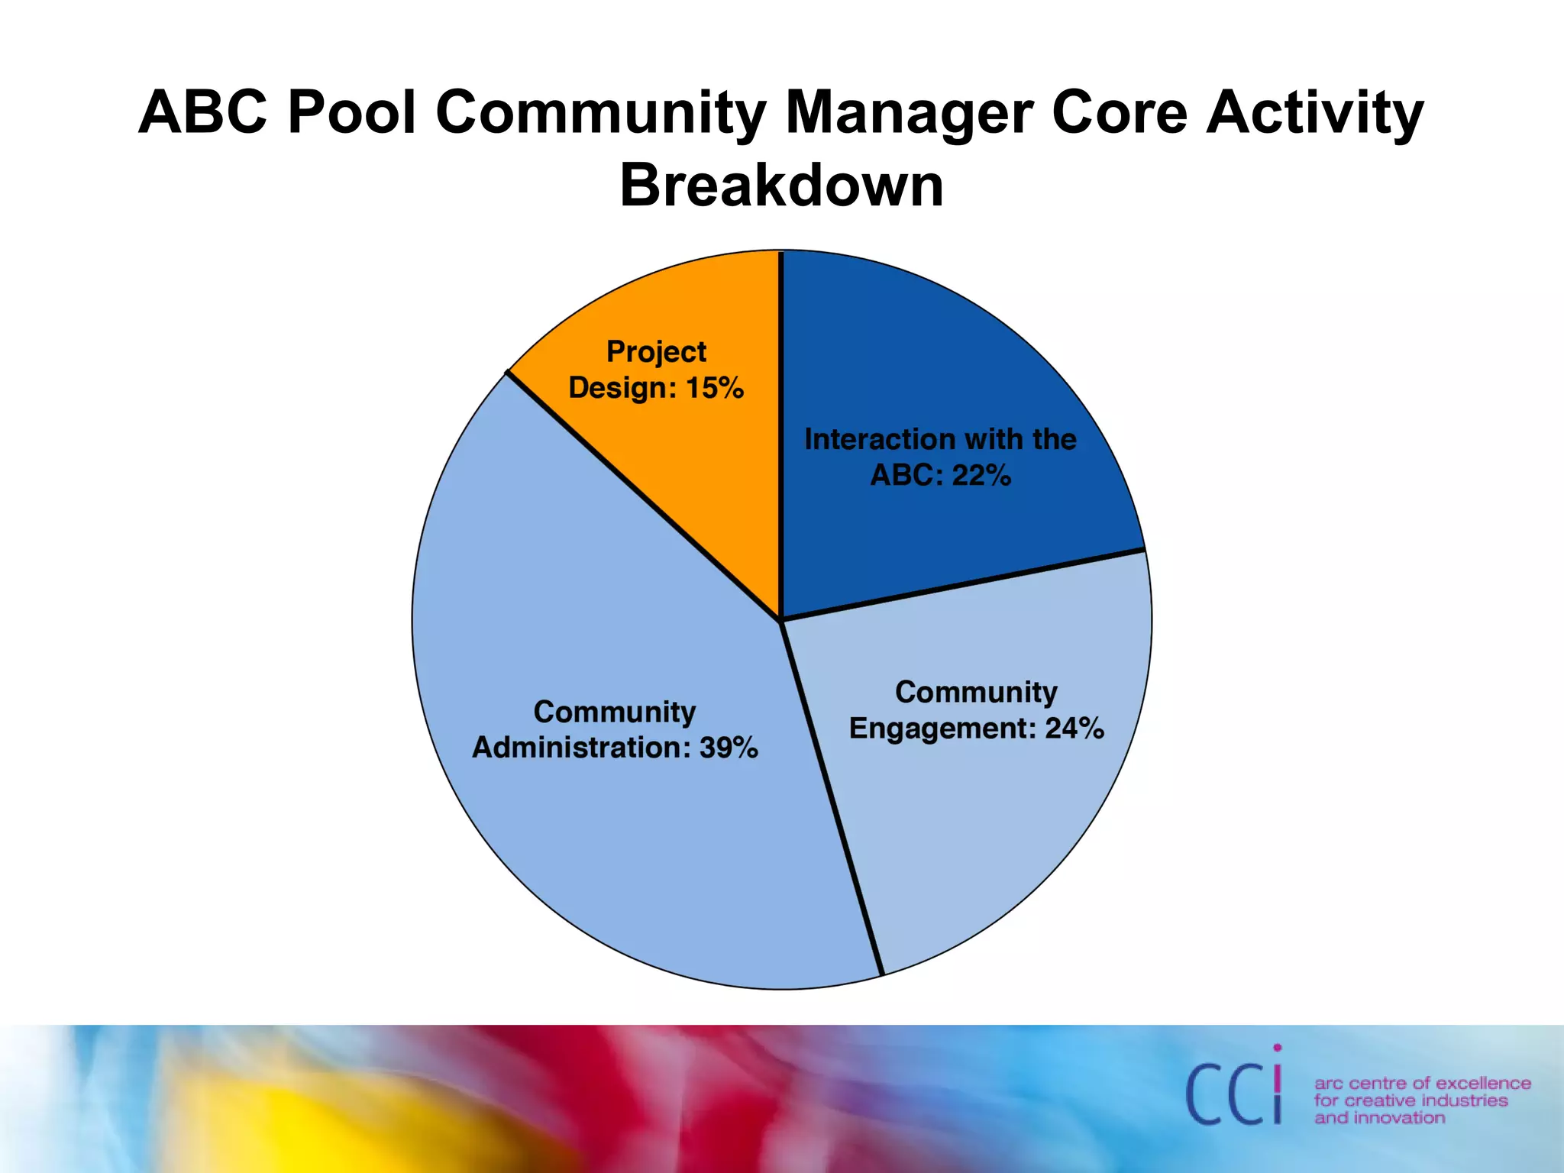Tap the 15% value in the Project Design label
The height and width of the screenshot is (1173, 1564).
(715, 388)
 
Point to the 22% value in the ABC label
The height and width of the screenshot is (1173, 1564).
(982, 476)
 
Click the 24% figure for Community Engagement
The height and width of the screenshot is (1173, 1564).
(1074, 729)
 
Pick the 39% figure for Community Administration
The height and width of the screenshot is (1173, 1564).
(729, 748)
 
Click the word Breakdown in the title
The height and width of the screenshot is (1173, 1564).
(781, 186)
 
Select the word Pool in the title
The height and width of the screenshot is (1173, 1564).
(352, 112)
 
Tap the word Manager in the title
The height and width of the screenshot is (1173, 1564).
(909, 112)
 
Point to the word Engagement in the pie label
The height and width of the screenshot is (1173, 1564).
(942, 729)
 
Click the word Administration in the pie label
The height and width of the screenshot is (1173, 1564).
(581, 748)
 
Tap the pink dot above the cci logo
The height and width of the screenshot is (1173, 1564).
(1278, 1049)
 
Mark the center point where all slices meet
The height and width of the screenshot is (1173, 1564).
(781, 620)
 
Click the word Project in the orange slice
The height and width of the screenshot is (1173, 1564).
(656, 352)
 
